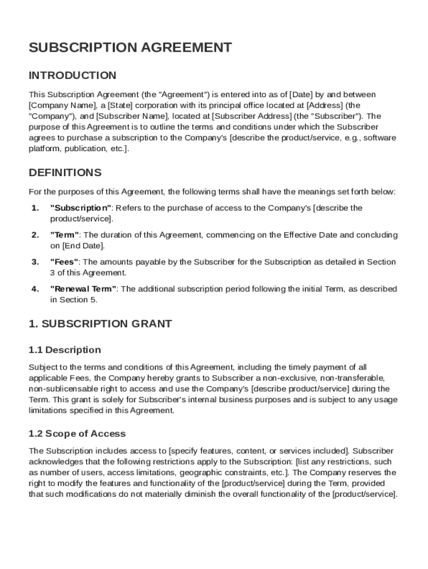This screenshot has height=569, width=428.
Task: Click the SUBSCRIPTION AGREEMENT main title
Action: (130, 48)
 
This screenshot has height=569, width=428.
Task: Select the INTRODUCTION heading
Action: (72, 75)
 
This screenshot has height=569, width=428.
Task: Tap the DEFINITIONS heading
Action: (65, 172)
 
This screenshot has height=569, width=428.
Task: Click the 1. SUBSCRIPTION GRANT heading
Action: (100, 324)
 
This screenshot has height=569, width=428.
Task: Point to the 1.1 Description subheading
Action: (64, 350)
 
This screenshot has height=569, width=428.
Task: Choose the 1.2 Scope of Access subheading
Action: (77, 433)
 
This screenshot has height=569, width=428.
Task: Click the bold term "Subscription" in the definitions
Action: (81, 208)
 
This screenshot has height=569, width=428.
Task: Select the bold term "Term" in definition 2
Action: (65, 235)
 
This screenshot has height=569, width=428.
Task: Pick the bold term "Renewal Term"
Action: (83, 289)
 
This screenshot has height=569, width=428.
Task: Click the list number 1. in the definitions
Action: (35, 208)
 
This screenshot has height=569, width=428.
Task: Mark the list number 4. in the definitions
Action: (35, 289)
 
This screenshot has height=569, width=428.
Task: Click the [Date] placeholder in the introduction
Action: (302, 94)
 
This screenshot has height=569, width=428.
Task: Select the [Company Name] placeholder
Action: (54, 105)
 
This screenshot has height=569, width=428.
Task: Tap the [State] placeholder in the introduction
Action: (120, 105)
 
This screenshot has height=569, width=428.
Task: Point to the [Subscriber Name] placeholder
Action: (132, 116)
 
